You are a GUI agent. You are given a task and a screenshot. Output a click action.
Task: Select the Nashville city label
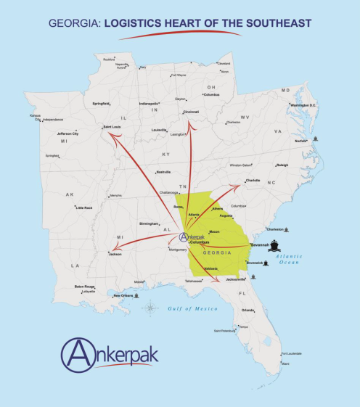pyautogui.click(x=163, y=172)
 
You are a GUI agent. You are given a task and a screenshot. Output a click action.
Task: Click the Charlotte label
pyautogui.click(x=253, y=179)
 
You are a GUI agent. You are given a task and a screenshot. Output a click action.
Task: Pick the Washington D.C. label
pyautogui.click(x=304, y=105)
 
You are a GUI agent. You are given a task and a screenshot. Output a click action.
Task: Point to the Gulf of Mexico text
pyautogui.click(x=187, y=308)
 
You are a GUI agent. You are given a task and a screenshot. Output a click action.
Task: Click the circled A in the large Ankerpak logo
pyautogui.click(x=78, y=354)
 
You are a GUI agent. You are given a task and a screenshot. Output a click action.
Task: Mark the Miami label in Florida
pyautogui.click(x=285, y=363)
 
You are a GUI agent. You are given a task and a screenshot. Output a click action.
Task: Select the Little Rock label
pyautogui.click(x=83, y=207)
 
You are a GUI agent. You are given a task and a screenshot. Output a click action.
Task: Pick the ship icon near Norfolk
pyautogui.click(x=316, y=138)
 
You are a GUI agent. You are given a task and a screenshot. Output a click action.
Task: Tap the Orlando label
pyautogui.click(x=248, y=310)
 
